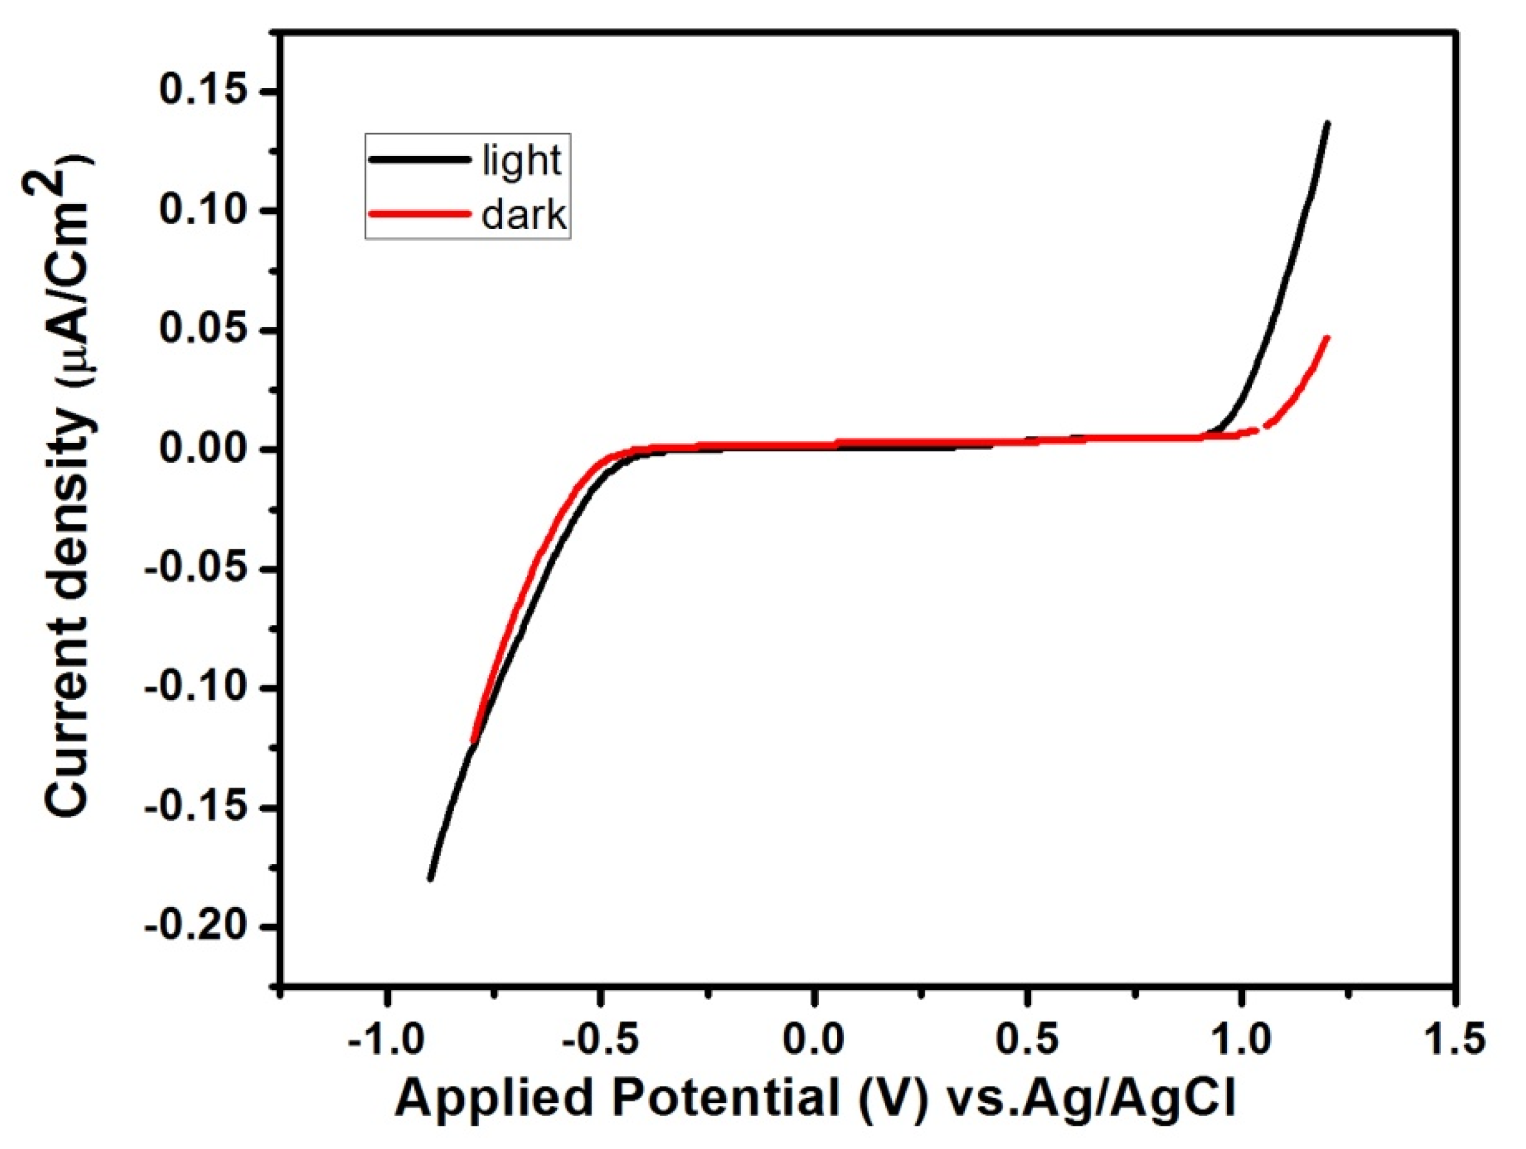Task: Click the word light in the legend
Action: (x=522, y=160)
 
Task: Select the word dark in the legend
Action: (x=523, y=215)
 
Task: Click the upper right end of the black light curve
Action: (x=1327, y=123)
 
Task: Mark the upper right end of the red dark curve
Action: (x=1327, y=337)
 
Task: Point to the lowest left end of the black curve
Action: (x=430, y=879)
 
